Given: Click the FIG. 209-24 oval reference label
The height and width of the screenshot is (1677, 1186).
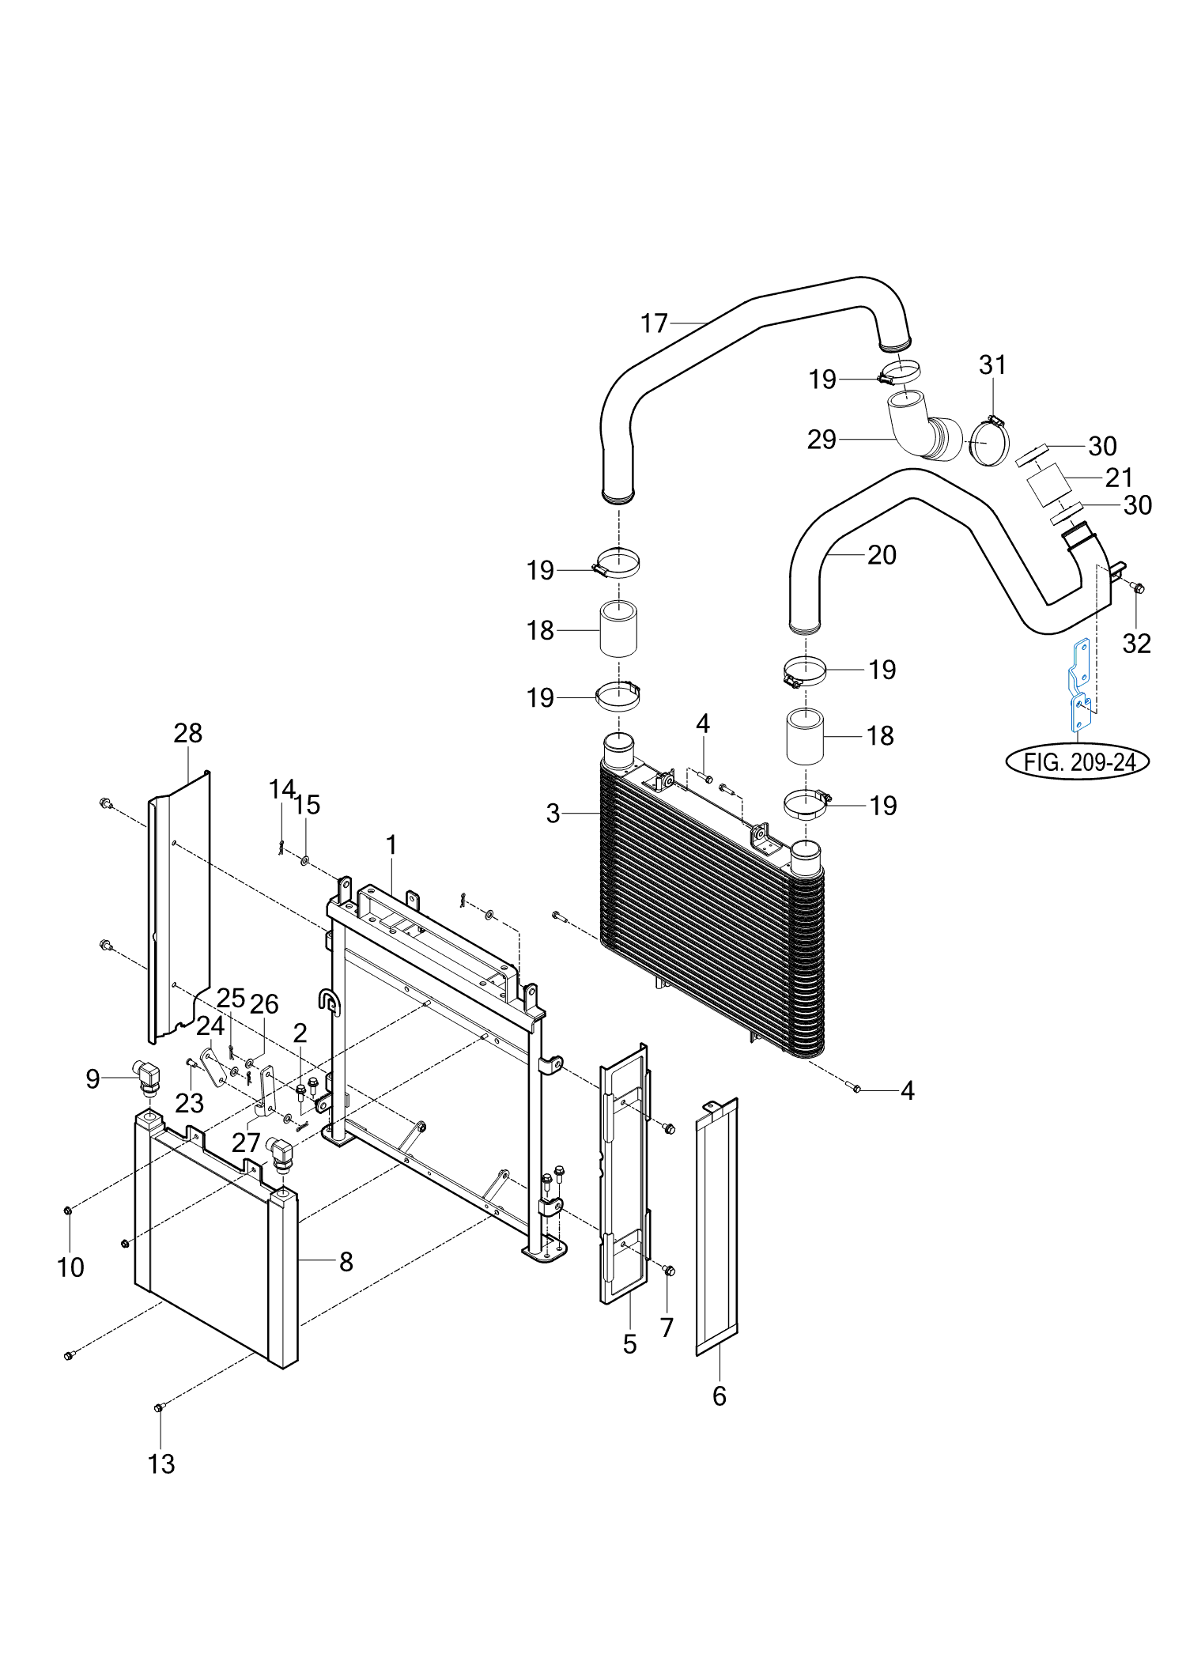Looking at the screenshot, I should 1077,761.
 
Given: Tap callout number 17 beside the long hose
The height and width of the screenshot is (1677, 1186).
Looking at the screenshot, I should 654,323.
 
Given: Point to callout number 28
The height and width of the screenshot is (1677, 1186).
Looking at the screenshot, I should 188,733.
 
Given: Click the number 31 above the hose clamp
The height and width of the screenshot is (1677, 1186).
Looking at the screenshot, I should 992,365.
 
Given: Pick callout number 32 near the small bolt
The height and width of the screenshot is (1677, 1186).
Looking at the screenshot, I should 1136,644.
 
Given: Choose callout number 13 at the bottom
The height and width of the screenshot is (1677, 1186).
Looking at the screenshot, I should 161,1464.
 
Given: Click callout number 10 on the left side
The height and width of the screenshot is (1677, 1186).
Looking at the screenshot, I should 70,1267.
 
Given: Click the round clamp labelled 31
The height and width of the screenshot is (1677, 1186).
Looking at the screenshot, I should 989,442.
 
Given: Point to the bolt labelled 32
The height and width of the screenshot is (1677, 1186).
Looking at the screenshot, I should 1138,588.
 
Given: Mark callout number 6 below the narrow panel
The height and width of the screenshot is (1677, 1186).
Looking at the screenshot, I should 719,1396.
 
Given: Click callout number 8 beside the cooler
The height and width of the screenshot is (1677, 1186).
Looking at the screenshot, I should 346,1262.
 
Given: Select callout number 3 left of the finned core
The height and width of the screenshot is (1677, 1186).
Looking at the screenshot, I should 553,814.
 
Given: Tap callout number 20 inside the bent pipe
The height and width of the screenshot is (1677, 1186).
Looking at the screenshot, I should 882,555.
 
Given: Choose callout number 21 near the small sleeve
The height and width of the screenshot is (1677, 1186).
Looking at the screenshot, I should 1119,478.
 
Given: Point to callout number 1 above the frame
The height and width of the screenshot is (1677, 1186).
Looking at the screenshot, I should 391,845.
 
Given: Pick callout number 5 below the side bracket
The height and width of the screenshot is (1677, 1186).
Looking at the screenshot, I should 629,1344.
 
